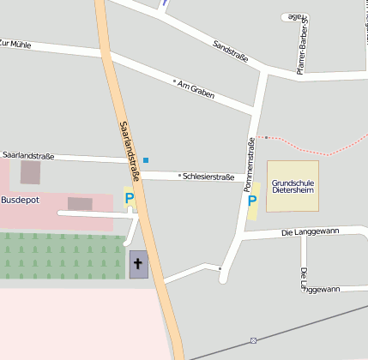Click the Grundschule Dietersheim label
click(x=292, y=187)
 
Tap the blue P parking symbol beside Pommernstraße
click(x=252, y=201)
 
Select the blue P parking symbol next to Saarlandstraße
click(x=130, y=199)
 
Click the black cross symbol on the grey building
click(x=137, y=263)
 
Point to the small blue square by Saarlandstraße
click(x=146, y=160)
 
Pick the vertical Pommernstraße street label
click(x=250, y=165)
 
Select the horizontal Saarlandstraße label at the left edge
click(x=28, y=156)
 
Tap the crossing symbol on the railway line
click(x=253, y=340)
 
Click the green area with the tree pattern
click(x=60, y=255)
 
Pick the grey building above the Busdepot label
click(x=30, y=172)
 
